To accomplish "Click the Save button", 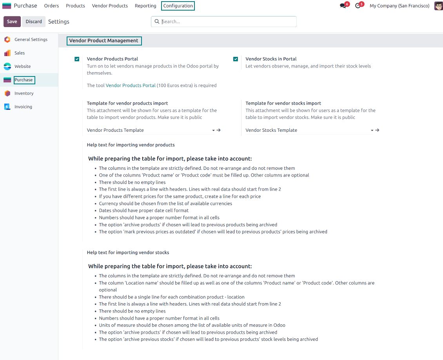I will coord(12,22).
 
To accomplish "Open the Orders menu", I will coord(51,6).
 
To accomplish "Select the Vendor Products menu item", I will coord(110,6).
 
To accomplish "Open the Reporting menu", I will coord(145,6).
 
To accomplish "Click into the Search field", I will coord(227,22).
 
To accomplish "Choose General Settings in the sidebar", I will coord(31,40).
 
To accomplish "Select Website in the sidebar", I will coord(22,66).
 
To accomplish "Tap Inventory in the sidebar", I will coord(24,93).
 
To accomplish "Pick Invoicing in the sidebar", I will coord(23,107).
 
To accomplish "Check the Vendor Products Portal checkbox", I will coord(77,59).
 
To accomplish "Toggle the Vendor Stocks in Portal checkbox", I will coord(236,59).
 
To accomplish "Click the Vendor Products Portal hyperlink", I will coord(131,85).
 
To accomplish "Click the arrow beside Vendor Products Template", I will coord(219,130).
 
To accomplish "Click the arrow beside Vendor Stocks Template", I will coord(377,130).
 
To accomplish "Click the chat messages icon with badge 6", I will coord(343,6).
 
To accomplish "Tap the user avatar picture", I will coord(438,6).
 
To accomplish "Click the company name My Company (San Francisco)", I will coord(399,6).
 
